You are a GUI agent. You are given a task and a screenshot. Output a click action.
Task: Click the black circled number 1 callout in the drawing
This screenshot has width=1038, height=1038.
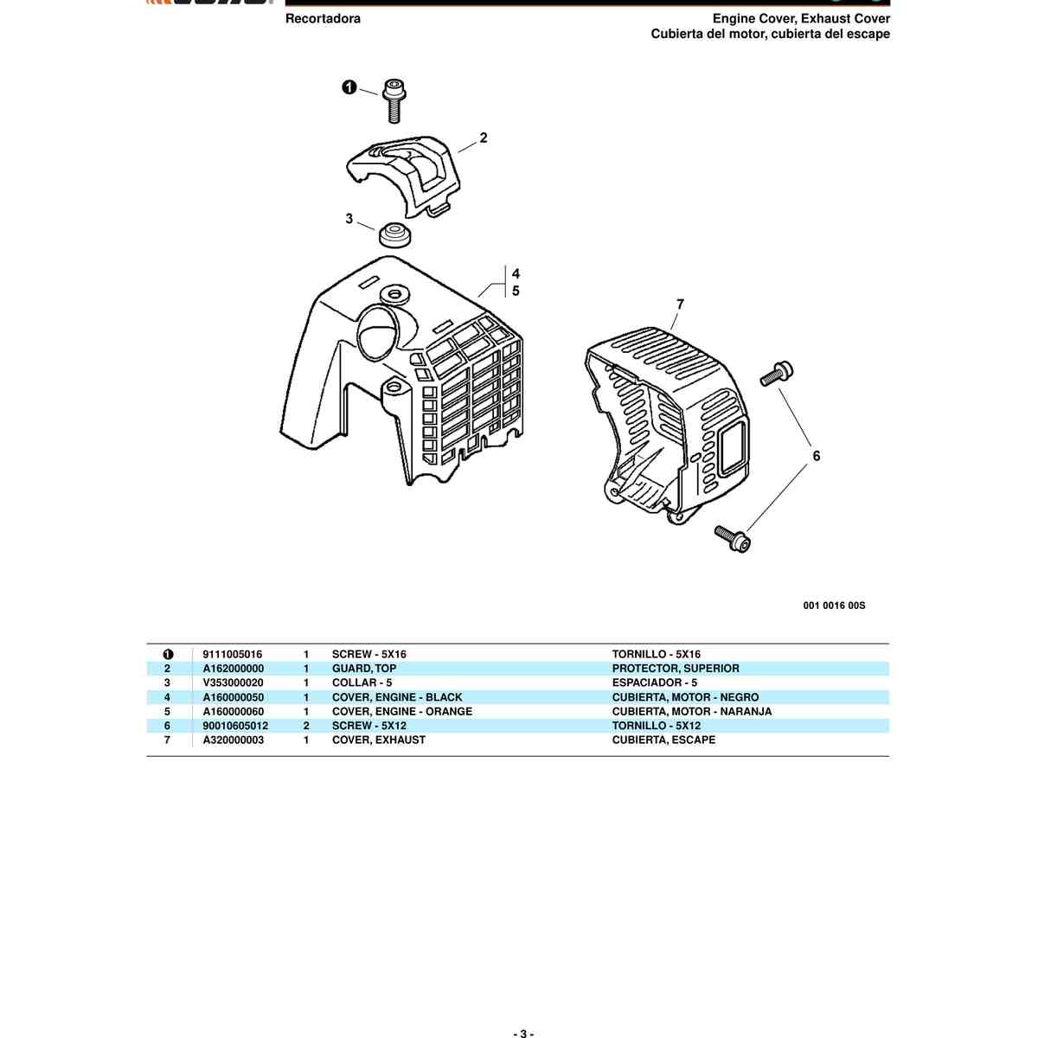pos(349,86)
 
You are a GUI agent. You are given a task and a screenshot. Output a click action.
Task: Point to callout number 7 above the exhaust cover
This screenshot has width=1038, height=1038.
pos(680,304)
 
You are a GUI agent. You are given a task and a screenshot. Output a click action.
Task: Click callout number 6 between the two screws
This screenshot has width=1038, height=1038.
pos(816,456)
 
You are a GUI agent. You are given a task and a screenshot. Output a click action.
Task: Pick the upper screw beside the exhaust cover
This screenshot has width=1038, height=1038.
pos(776,373)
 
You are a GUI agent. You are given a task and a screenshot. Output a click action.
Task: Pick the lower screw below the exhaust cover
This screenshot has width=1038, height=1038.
pos(733,538)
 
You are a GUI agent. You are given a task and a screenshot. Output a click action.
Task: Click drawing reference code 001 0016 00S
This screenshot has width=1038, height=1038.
pos(834,605)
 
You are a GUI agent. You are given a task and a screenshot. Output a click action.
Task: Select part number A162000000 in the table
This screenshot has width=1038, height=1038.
pos(234,669)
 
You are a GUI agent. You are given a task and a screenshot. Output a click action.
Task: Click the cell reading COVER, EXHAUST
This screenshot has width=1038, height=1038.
pos(379,740)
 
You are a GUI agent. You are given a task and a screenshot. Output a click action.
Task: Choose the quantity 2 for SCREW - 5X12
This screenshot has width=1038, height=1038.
pos(306,726)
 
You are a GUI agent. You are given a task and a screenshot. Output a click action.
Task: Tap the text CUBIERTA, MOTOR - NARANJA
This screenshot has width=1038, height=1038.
pos(692,711)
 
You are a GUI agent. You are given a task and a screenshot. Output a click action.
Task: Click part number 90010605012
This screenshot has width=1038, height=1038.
pos(235,726)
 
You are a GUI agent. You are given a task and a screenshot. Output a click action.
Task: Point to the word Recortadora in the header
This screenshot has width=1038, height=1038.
pos(323,18)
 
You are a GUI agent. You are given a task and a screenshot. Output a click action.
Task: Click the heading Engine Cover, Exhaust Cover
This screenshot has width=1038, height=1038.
pos(801,18)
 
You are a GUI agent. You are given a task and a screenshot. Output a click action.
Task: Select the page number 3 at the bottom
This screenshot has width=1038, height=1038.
pos(522,1032)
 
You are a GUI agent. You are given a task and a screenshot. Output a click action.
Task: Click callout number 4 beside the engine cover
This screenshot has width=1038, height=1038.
pos(516,273)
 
